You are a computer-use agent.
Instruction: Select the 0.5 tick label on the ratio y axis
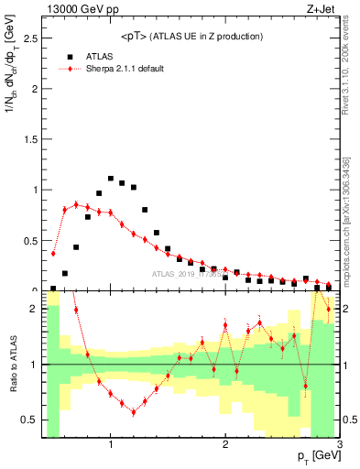29,420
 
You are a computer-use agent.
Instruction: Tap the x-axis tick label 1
111,445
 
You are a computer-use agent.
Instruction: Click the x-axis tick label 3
339,445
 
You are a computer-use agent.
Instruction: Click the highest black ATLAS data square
111,179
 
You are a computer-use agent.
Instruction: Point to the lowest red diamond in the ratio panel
134,412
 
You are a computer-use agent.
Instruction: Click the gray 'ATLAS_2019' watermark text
174,273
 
